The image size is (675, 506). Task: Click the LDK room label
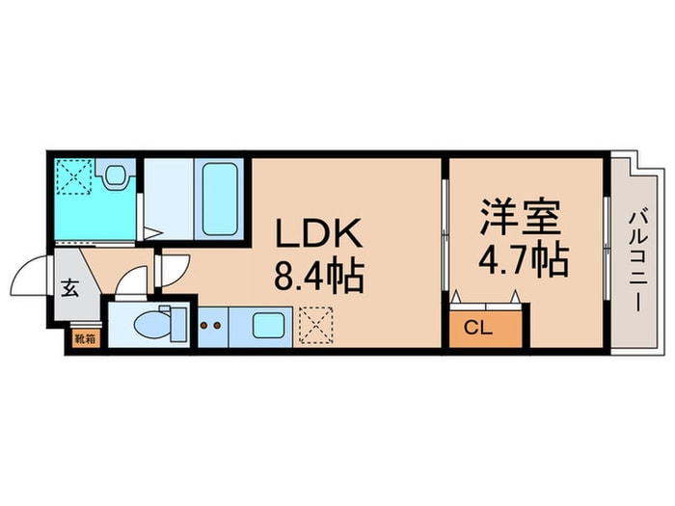[x=319, y=234]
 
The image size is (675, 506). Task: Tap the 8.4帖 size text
[x=319, y=278]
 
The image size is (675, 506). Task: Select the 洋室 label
[x=521, y=217]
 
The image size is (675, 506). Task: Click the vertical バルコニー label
[x=637, y=260]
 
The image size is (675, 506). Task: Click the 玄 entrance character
[x=72, y=287]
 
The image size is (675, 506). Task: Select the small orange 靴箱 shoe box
[x=85, y=337]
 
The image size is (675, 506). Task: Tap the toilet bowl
[x=149, y=326]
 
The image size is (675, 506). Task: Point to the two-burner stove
[x=210, y=326]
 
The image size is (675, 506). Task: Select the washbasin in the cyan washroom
[x=116, y=175]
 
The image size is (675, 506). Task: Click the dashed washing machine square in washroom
[x=73, y=176]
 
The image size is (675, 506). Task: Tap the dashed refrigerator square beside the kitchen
[x=312, y=325]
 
